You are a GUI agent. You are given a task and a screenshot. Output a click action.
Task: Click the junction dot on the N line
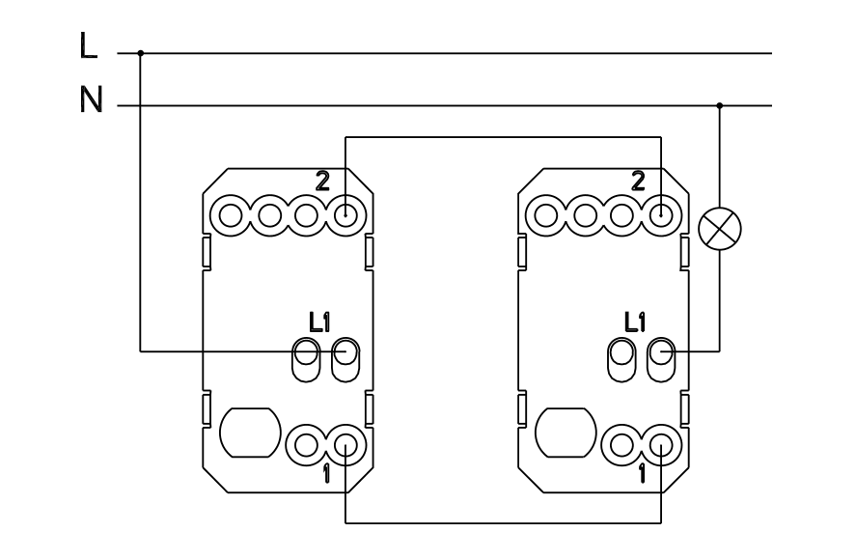pyautogui.click(x=720, y=104)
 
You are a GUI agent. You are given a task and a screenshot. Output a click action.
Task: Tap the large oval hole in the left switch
pyautogui.click(x=249, y=434)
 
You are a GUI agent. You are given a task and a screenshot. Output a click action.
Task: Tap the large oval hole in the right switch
pyautogui.click(x=563, y=434)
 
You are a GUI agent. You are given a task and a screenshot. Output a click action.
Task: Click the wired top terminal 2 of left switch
pyautogui.click(x=345, y=212)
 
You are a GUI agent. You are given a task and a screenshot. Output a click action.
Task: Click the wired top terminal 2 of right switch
pyautogui.click(x=660, y=212)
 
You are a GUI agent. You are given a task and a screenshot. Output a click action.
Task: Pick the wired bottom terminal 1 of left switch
pyautogui.click(x=345, y=445)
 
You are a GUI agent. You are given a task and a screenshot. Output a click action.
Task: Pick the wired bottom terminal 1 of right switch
pyautogui.click(x=660, y=445)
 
